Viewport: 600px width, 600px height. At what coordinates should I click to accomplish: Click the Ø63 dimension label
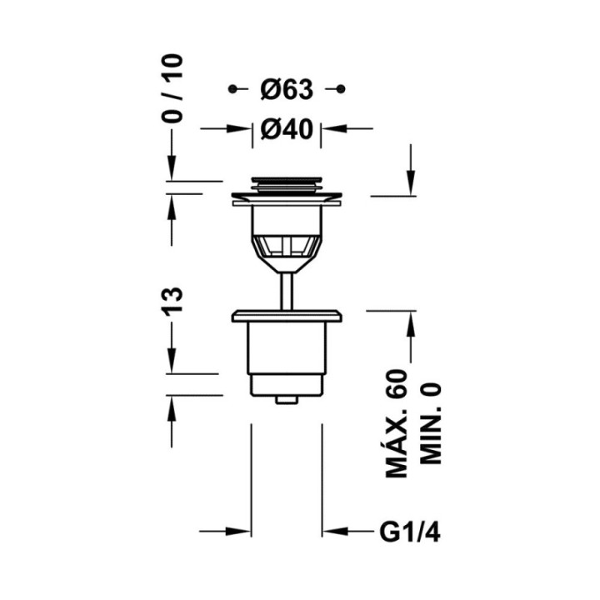point(287,89)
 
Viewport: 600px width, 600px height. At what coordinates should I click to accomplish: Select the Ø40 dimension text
point(287,129)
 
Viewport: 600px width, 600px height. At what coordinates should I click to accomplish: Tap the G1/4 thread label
point(410,532)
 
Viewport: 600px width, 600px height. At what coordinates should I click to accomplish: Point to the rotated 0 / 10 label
point(172,88)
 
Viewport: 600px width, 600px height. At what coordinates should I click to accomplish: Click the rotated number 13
point(172,302)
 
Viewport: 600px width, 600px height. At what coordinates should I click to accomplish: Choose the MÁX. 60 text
point(397,423)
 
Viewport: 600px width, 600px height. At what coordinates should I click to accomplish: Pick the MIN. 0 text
point(431,423)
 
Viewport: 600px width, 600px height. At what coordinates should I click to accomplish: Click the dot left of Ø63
point(232,89)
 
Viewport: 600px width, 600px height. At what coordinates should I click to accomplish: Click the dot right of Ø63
point(341,89)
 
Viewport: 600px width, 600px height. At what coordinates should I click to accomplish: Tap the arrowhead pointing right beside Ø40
point(239,128)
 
